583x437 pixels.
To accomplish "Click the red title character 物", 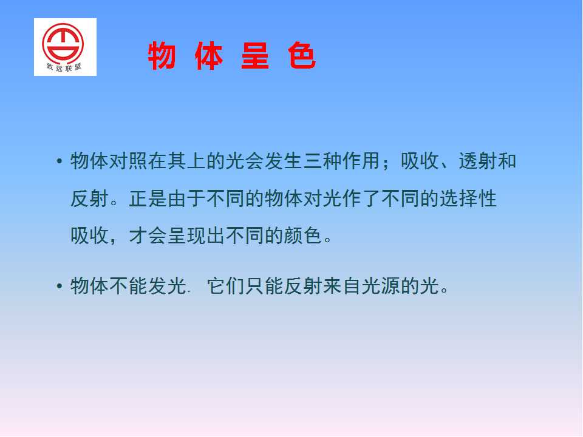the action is click(162, 56).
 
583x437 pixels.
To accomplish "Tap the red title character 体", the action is click(208, 56).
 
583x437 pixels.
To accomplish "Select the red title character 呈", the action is click(255, 56).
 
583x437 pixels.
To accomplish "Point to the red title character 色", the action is click(302, 56).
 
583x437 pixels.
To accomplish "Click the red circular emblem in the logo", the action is click(63, 43).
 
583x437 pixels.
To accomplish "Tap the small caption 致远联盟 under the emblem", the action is click(64, 67).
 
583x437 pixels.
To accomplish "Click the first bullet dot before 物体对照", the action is click(59, 161).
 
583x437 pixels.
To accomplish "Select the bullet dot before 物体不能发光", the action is click(59, 286).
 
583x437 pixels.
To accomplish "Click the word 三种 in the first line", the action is click(322, 161).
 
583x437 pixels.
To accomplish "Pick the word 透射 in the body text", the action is click(478, 161).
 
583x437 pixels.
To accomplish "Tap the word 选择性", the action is click(468, 198).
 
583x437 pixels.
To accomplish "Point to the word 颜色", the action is click(303, 235).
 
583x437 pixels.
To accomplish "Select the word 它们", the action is click(226, 286).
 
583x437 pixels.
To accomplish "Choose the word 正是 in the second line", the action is click(148, 198).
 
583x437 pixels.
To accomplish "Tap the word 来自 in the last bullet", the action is click(342, 286).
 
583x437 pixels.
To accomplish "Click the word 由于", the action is click(186, 198).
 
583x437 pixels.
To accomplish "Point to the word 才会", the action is click(148, 235).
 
